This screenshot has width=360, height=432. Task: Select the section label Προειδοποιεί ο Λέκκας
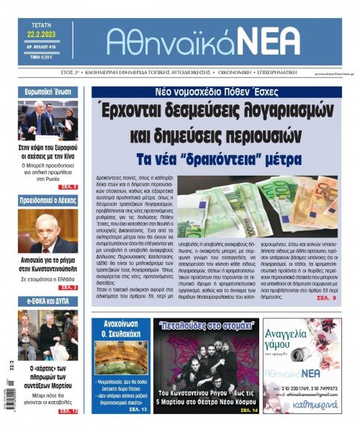pos(48,201)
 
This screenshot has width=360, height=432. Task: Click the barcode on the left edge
pos(9,400)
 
